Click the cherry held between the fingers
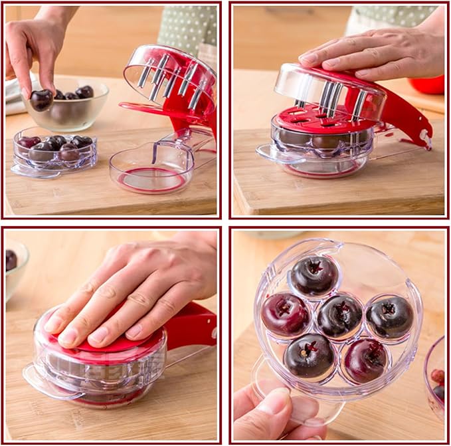[x=41, y=100]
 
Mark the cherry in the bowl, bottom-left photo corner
[x=11, y=259]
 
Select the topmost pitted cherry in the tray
[x=314, y=275]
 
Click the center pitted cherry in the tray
[x=339, y=316]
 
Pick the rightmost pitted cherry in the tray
[x=389, y=316]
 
